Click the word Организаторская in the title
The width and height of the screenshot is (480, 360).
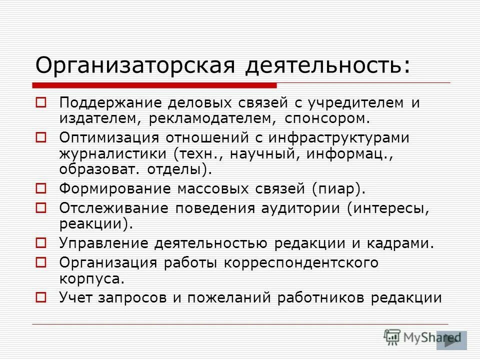[135, 65]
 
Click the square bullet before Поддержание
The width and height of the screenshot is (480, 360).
[41, 103]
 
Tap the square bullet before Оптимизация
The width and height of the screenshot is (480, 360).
[41, 136]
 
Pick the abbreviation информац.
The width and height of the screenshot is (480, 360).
[348, 153]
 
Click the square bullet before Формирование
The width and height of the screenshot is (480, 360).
[41, 189]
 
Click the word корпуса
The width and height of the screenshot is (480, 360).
[91, 278]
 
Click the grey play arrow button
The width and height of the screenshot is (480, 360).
[451, 340]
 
